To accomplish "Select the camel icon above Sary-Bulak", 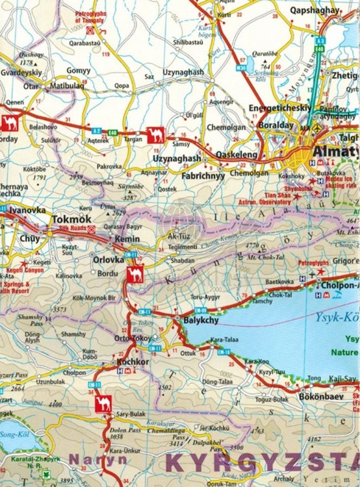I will [103, 405].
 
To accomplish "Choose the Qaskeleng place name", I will [236, 156].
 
